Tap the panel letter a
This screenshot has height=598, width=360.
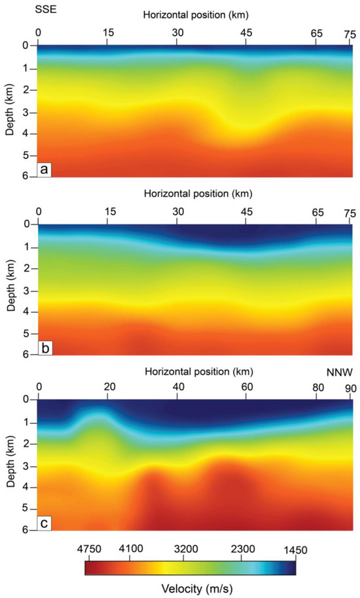point(45,169)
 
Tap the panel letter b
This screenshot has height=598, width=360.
point(45,348)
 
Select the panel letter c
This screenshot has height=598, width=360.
point(45,523)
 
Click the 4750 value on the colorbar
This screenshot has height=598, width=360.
point(96,550)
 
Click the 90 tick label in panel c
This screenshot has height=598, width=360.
point(351,387)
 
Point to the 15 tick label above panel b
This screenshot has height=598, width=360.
point(109,211)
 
